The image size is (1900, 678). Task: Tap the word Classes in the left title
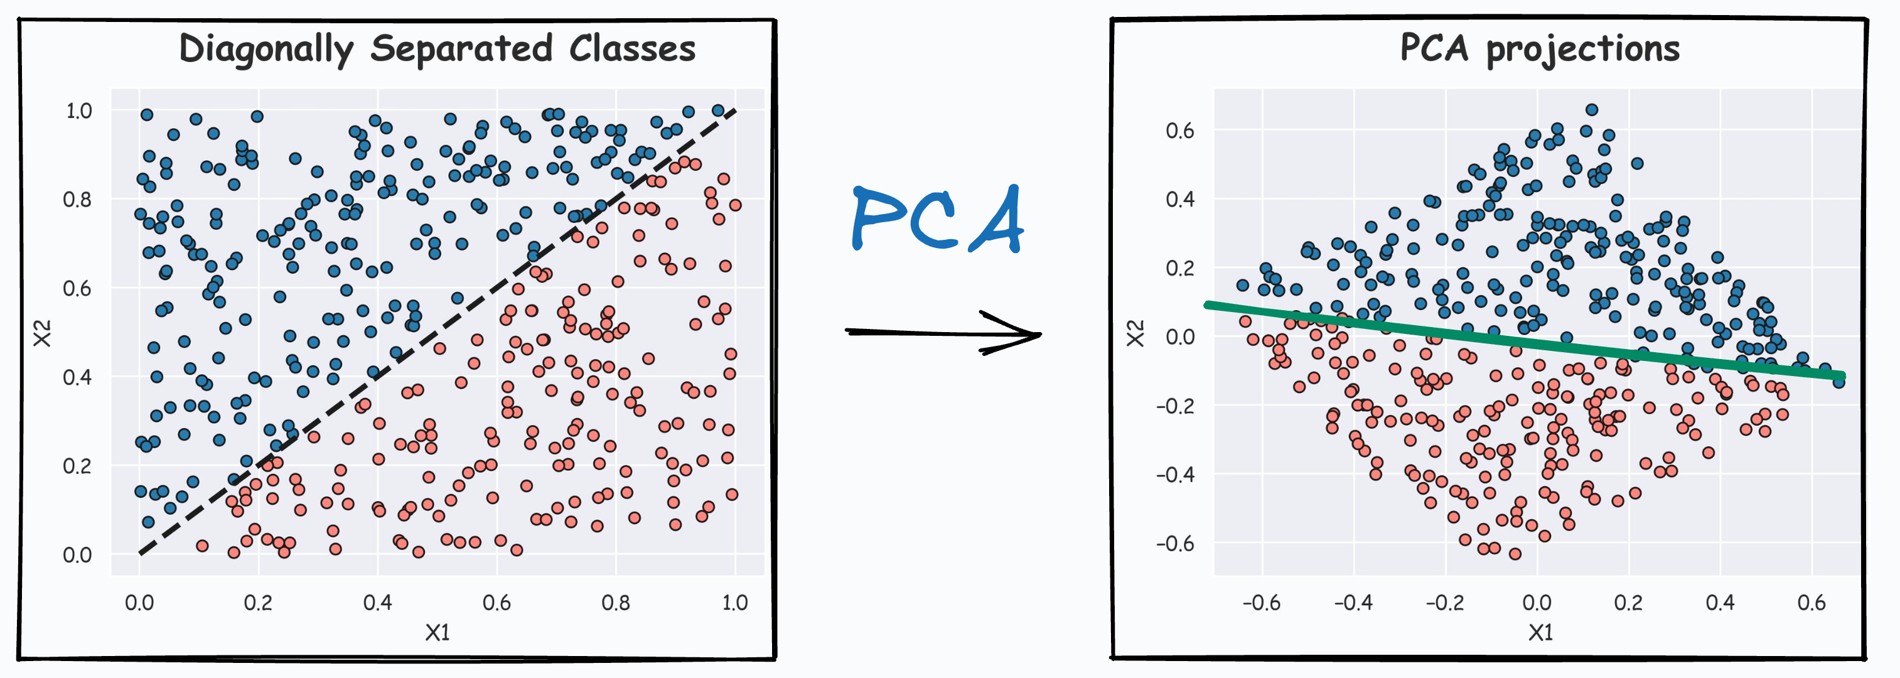pyautogui.click(x=632, y=49)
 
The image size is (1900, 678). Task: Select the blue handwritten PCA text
pyautogui.click(x=937, y=219)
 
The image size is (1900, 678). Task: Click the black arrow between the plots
pyautogui.click(x=944, y=333)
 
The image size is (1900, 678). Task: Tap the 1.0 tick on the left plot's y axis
pyautogui.click(x=79, y=111)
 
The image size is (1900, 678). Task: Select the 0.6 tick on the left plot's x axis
pyautogui.click(x=496, y=603)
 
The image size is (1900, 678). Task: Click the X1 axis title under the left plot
pyautogui.click(x=437, y=632)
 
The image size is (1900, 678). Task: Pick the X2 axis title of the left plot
pyautogui.click(x=43, y=333)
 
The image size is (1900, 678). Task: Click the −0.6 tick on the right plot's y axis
pyautogui.click(x=1175, y=544)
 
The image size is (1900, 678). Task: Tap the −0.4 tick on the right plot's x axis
pyautogui.click(x=1353, y=603)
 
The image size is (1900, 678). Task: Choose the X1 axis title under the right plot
pyautogui.click(x=1541, y=632)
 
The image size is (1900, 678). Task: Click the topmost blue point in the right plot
pyautogui.click(x=1592, y=110)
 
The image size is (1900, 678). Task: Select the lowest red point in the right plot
pyautogui.click(x=1515, y=553)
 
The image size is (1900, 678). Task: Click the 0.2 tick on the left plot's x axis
pyautogui.click(x=258, y=603)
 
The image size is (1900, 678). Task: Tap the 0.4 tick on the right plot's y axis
pyautogui.click(x=1179, y=199)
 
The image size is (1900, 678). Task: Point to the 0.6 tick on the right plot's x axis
pyautogui.click(x=1811, y=603)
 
